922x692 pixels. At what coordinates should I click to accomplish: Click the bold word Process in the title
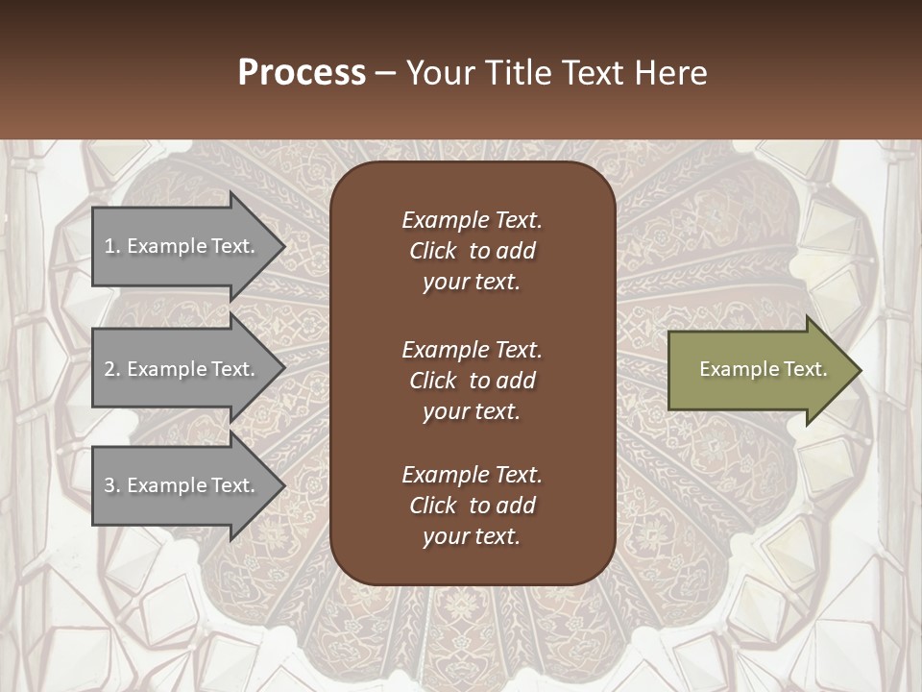[x=302, y=73]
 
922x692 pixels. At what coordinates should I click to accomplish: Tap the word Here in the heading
[x=670, y=73]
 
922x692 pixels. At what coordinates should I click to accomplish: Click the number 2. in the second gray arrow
[x=112, y=369]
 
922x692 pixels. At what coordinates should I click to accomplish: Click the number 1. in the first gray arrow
[x=112, y=246]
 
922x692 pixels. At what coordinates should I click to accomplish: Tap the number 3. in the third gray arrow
[x=112, y=485]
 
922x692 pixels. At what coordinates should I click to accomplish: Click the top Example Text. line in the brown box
[x=472, y=220]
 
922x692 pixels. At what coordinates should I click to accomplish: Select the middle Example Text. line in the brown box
[x=472, y=350]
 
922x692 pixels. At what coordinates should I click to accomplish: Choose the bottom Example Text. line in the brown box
[x=472, y=475]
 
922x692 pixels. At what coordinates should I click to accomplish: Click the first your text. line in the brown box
[x=472, y=283]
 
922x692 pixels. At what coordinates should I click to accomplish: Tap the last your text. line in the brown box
[x=472, y=537]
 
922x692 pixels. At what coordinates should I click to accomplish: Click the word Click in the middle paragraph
[x=432, y=381]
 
